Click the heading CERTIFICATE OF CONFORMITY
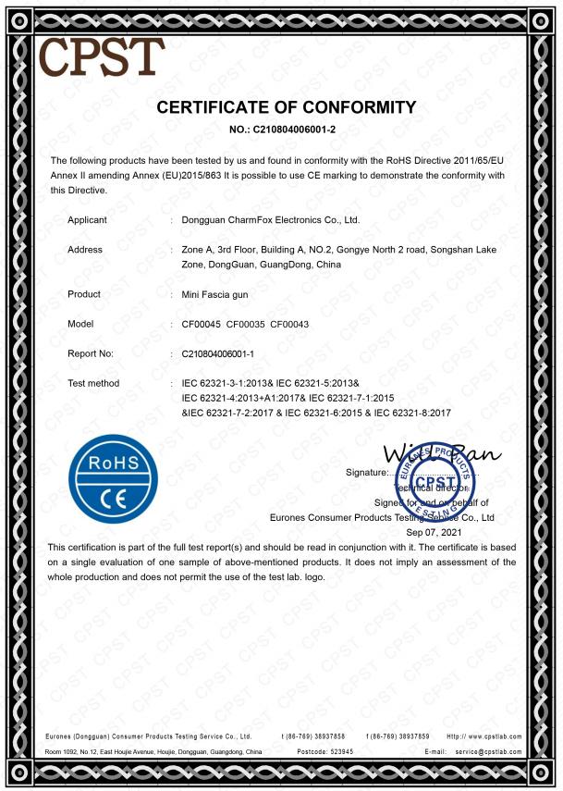click(287, 107)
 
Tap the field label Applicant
click(87, 220)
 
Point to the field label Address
click(85, 250)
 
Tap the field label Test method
click(93, 383)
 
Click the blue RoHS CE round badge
click(113, 479)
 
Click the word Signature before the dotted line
click(365, 472)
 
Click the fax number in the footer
click(398, 736)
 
